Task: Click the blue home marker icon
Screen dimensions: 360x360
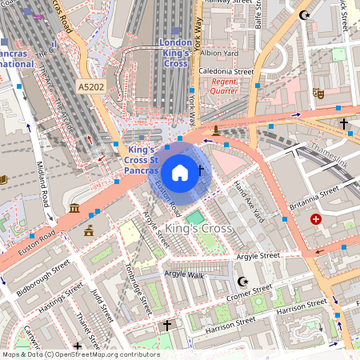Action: click(180, 173)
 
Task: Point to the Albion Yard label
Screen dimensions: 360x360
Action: click(218, 53)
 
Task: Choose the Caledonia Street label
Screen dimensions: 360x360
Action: click(226, 71)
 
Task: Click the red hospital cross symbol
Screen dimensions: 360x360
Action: click(316, 218)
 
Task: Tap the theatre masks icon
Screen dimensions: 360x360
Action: click(318, 93)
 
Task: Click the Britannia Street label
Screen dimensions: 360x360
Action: click(314, 197)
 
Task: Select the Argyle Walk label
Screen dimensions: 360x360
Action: click(184, 274)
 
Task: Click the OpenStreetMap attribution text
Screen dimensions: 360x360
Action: click(80, 354)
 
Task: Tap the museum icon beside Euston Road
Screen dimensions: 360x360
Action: click(74, 209)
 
